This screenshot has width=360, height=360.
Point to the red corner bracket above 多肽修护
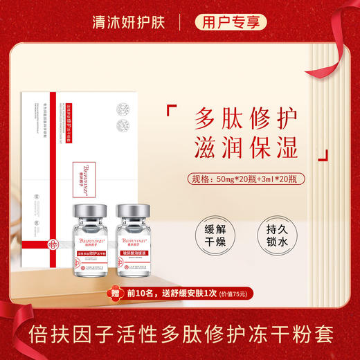pyautogui.click(x=174, y=109)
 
